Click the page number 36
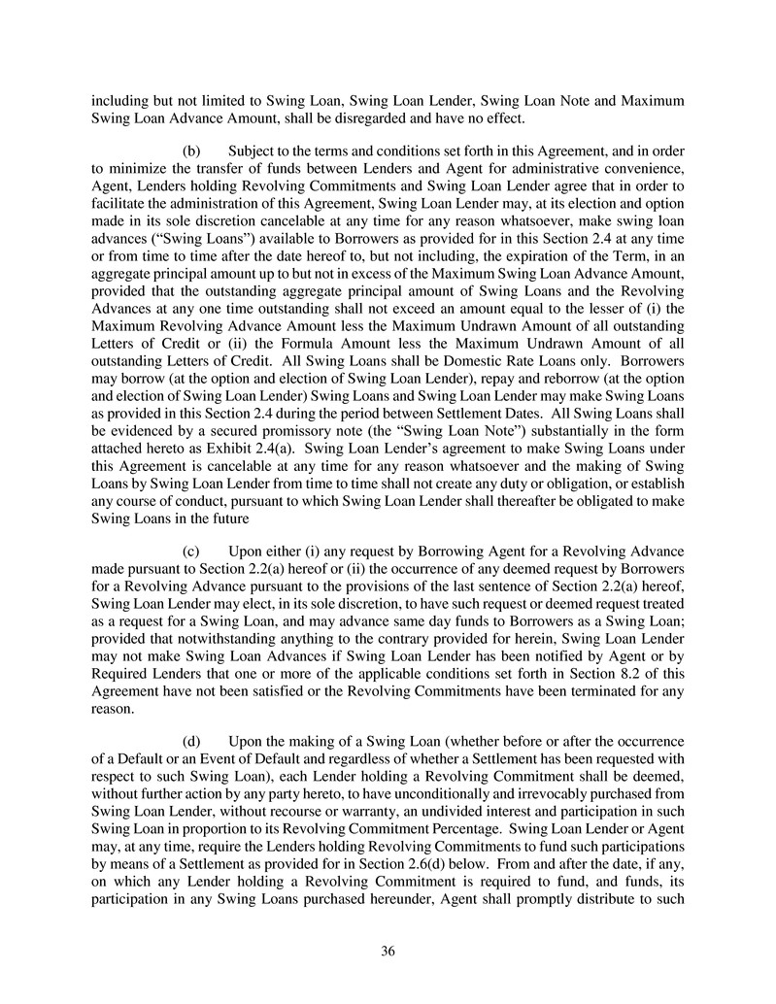coord(388,952)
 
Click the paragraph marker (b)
coord(192,151)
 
